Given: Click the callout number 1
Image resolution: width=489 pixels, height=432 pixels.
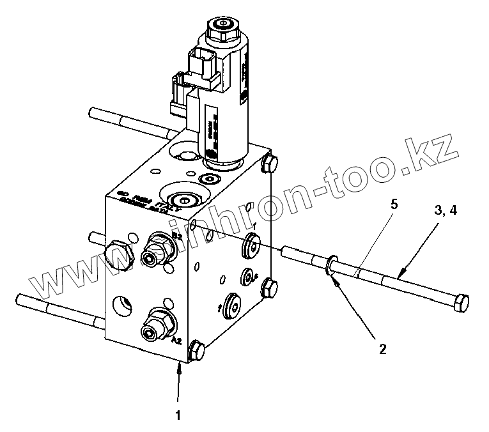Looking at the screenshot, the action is [179, 415].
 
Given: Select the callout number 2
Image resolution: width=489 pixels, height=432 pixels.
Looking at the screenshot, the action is [382, 349].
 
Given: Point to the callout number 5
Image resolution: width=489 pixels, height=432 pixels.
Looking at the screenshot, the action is [394, 205].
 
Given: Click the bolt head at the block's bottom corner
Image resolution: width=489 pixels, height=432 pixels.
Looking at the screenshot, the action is [197, 351].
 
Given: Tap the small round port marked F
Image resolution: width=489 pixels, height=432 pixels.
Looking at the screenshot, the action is [247, 276].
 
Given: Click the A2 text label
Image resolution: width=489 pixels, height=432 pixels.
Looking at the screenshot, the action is [177, 341].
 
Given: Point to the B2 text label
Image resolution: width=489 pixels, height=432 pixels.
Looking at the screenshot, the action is [176, 237].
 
